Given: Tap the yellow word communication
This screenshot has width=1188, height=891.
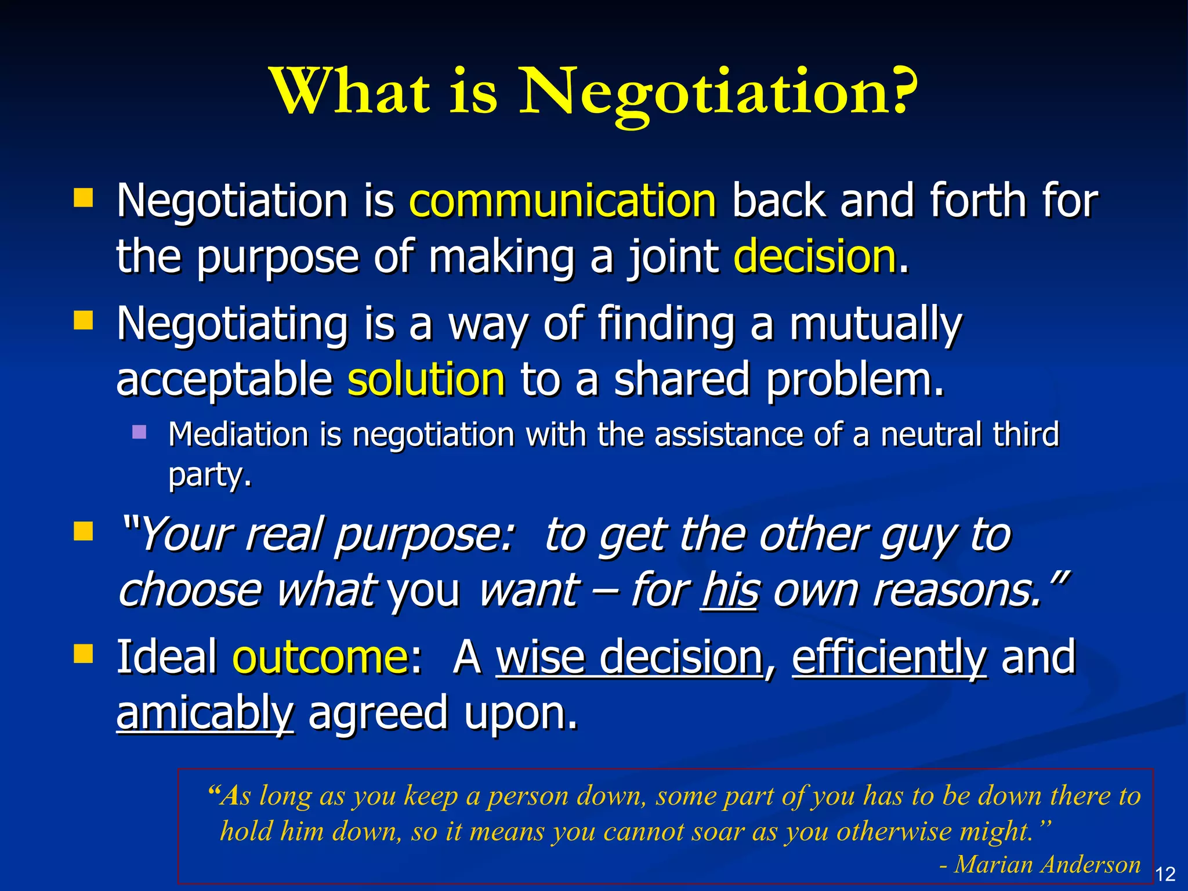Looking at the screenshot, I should pos(563,201).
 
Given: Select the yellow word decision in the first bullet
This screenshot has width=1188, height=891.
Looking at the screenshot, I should pos(815,256).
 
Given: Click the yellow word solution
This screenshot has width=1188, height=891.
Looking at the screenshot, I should pos(426,380).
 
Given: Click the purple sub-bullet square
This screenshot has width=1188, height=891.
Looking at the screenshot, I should pos(139,432).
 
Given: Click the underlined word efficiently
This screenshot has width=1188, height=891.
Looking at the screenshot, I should pos(889,657).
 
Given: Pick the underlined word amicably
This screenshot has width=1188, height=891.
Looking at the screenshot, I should pos(205,713).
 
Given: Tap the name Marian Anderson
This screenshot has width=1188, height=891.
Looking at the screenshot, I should pos(1048,864).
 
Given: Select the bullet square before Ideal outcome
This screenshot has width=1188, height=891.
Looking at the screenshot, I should pos(84,654).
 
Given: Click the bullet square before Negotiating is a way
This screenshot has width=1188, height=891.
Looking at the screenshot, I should pos(84,320).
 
